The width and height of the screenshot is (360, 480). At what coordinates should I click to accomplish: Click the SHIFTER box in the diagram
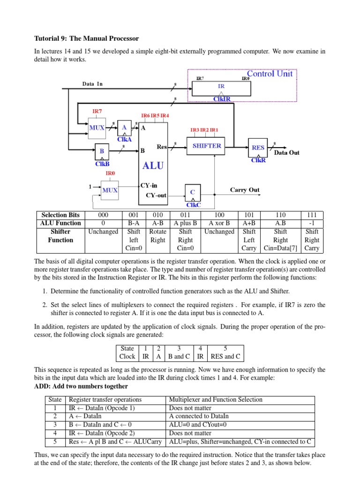[x=207, y=146]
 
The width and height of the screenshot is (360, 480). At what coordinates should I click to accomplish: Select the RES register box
[x=258, y=147]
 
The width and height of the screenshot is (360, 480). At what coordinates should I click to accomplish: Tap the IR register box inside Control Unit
[x=221, y=87]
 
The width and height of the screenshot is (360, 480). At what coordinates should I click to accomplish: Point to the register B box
[x=102, y=152]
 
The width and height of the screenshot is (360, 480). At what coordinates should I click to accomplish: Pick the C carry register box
[x=192, y=193]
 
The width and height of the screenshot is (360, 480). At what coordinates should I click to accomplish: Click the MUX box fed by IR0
[x=110, y=190]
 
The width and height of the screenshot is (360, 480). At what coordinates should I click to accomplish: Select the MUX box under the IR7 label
[x=97, y=127]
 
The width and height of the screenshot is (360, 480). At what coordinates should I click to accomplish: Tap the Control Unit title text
[x=270, y=74]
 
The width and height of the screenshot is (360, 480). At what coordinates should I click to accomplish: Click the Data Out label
[x=286, y=153]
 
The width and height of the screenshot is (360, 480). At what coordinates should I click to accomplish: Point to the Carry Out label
[x=245, y=190]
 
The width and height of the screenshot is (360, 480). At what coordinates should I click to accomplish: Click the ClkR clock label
[x=258, y=160]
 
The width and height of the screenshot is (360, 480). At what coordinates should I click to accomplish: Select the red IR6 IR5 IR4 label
[x=155, y=115]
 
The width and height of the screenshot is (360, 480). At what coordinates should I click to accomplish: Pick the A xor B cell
[x=219, y=223]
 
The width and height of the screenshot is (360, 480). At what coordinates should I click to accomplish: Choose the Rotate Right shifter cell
[x=158, y=236]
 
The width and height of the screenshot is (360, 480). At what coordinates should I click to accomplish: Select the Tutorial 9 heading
[x=87, y=38]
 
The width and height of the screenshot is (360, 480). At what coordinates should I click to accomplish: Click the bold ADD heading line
[x=81, y=386]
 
